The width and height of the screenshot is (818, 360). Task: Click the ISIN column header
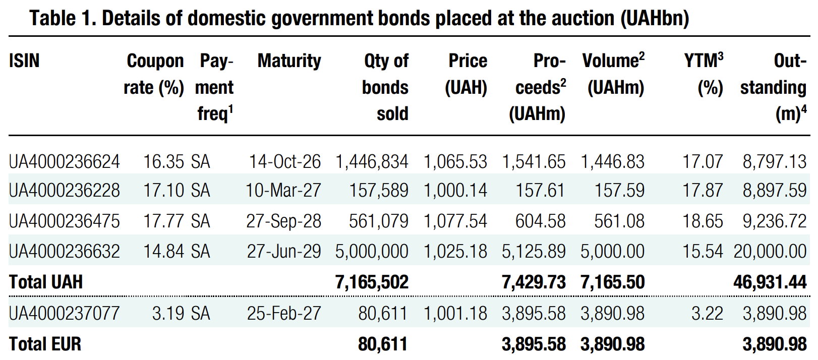[24, 61]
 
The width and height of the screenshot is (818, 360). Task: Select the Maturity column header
[289, 61]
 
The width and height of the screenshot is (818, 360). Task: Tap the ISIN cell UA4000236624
[65, 162]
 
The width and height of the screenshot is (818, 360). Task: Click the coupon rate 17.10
[163, 191]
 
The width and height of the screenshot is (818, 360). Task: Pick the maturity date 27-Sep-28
[283, 221]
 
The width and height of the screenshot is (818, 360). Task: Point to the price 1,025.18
[455, 252]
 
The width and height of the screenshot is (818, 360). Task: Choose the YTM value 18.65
[703, 221]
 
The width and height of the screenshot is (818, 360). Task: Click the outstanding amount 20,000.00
[770, 252]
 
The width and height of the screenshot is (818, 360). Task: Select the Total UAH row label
[46, 282]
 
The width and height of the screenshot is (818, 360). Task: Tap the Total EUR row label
[45, 344]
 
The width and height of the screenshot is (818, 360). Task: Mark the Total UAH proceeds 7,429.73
[534, 282]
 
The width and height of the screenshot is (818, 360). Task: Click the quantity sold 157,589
[379, 191]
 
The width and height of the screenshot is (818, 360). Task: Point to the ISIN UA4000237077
[65, 314]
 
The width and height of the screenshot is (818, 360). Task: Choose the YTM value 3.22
[707, 314]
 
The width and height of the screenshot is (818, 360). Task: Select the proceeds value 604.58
[540, 221]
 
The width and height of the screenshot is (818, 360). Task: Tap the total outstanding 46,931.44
[770, 282]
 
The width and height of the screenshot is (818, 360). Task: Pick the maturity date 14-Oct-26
[285, 162]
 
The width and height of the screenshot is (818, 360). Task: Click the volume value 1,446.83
[612, 162]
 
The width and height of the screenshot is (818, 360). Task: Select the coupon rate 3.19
[168, 314]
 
